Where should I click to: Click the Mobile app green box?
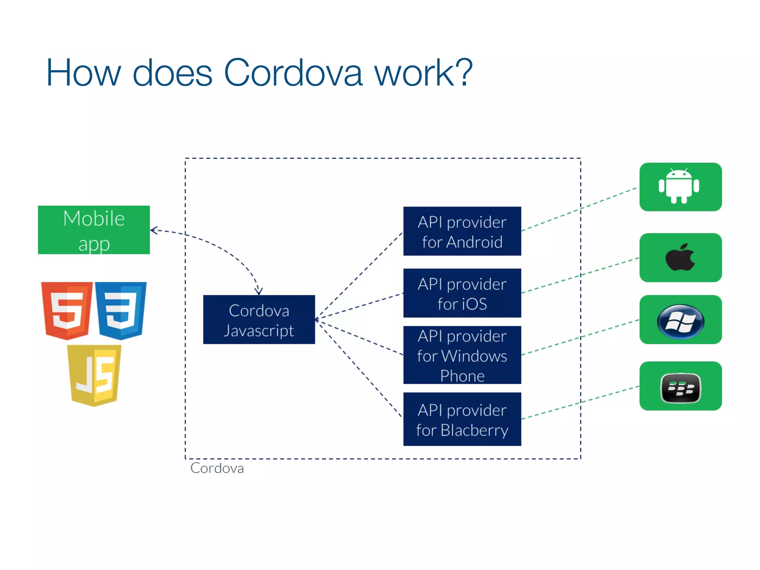click(94, 230)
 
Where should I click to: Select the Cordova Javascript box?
click(259, 320)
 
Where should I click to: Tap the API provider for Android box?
click(462, 231)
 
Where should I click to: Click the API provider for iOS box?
click(462, 293)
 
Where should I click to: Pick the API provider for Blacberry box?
click(462, 419)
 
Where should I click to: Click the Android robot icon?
click(679, 186)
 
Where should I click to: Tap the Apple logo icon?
click(680, 257)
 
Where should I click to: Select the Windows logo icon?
click(680, 321)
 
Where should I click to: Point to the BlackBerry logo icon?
click(681, 388)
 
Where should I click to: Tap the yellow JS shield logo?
click(94, 375)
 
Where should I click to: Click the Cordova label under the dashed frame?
click(217, 468)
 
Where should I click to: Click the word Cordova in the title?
click(293, 73)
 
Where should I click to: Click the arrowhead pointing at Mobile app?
click(153, 230)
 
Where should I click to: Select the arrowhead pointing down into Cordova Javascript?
click(259, 292)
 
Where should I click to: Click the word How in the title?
click(83, 73)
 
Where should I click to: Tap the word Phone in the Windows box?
click(462, 376)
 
